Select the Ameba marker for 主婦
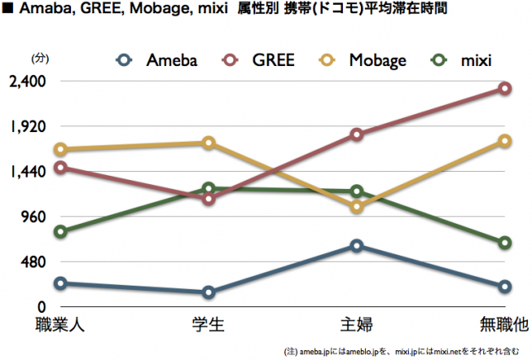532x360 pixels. point(357,245)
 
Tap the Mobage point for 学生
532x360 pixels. point(209,143)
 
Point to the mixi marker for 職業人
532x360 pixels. point(60,231)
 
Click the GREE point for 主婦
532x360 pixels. point(357,134)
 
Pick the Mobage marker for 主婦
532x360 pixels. point(357,207)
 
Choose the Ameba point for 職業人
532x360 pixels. point(60,283)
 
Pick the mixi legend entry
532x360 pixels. point(463,59)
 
